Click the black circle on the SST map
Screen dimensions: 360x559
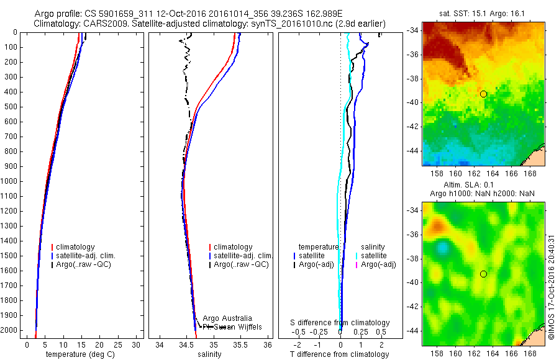pos(483,94)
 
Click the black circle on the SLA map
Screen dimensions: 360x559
pos(483,274)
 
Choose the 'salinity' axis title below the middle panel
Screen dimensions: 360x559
pos(209,354)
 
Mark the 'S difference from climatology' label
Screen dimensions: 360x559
pos(340,323)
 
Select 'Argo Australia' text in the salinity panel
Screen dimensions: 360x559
pos(227,318)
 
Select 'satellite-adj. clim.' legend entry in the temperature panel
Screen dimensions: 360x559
pos(86,256)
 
